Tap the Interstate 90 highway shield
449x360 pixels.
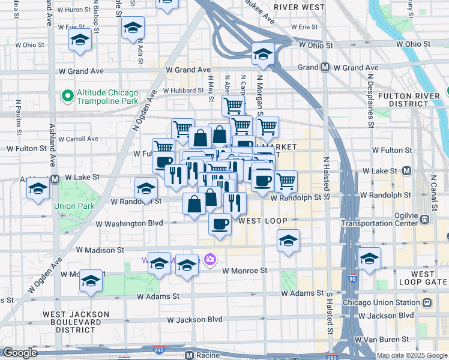(352, 280)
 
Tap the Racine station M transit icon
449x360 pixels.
(188, 355)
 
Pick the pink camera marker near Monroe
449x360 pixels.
(210, 259)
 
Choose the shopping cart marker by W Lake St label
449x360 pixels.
(286, 180)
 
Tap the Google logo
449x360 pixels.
(20, 353)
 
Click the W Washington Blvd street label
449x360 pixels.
(129, 223)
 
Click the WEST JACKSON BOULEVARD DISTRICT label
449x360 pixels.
(76, 322)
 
